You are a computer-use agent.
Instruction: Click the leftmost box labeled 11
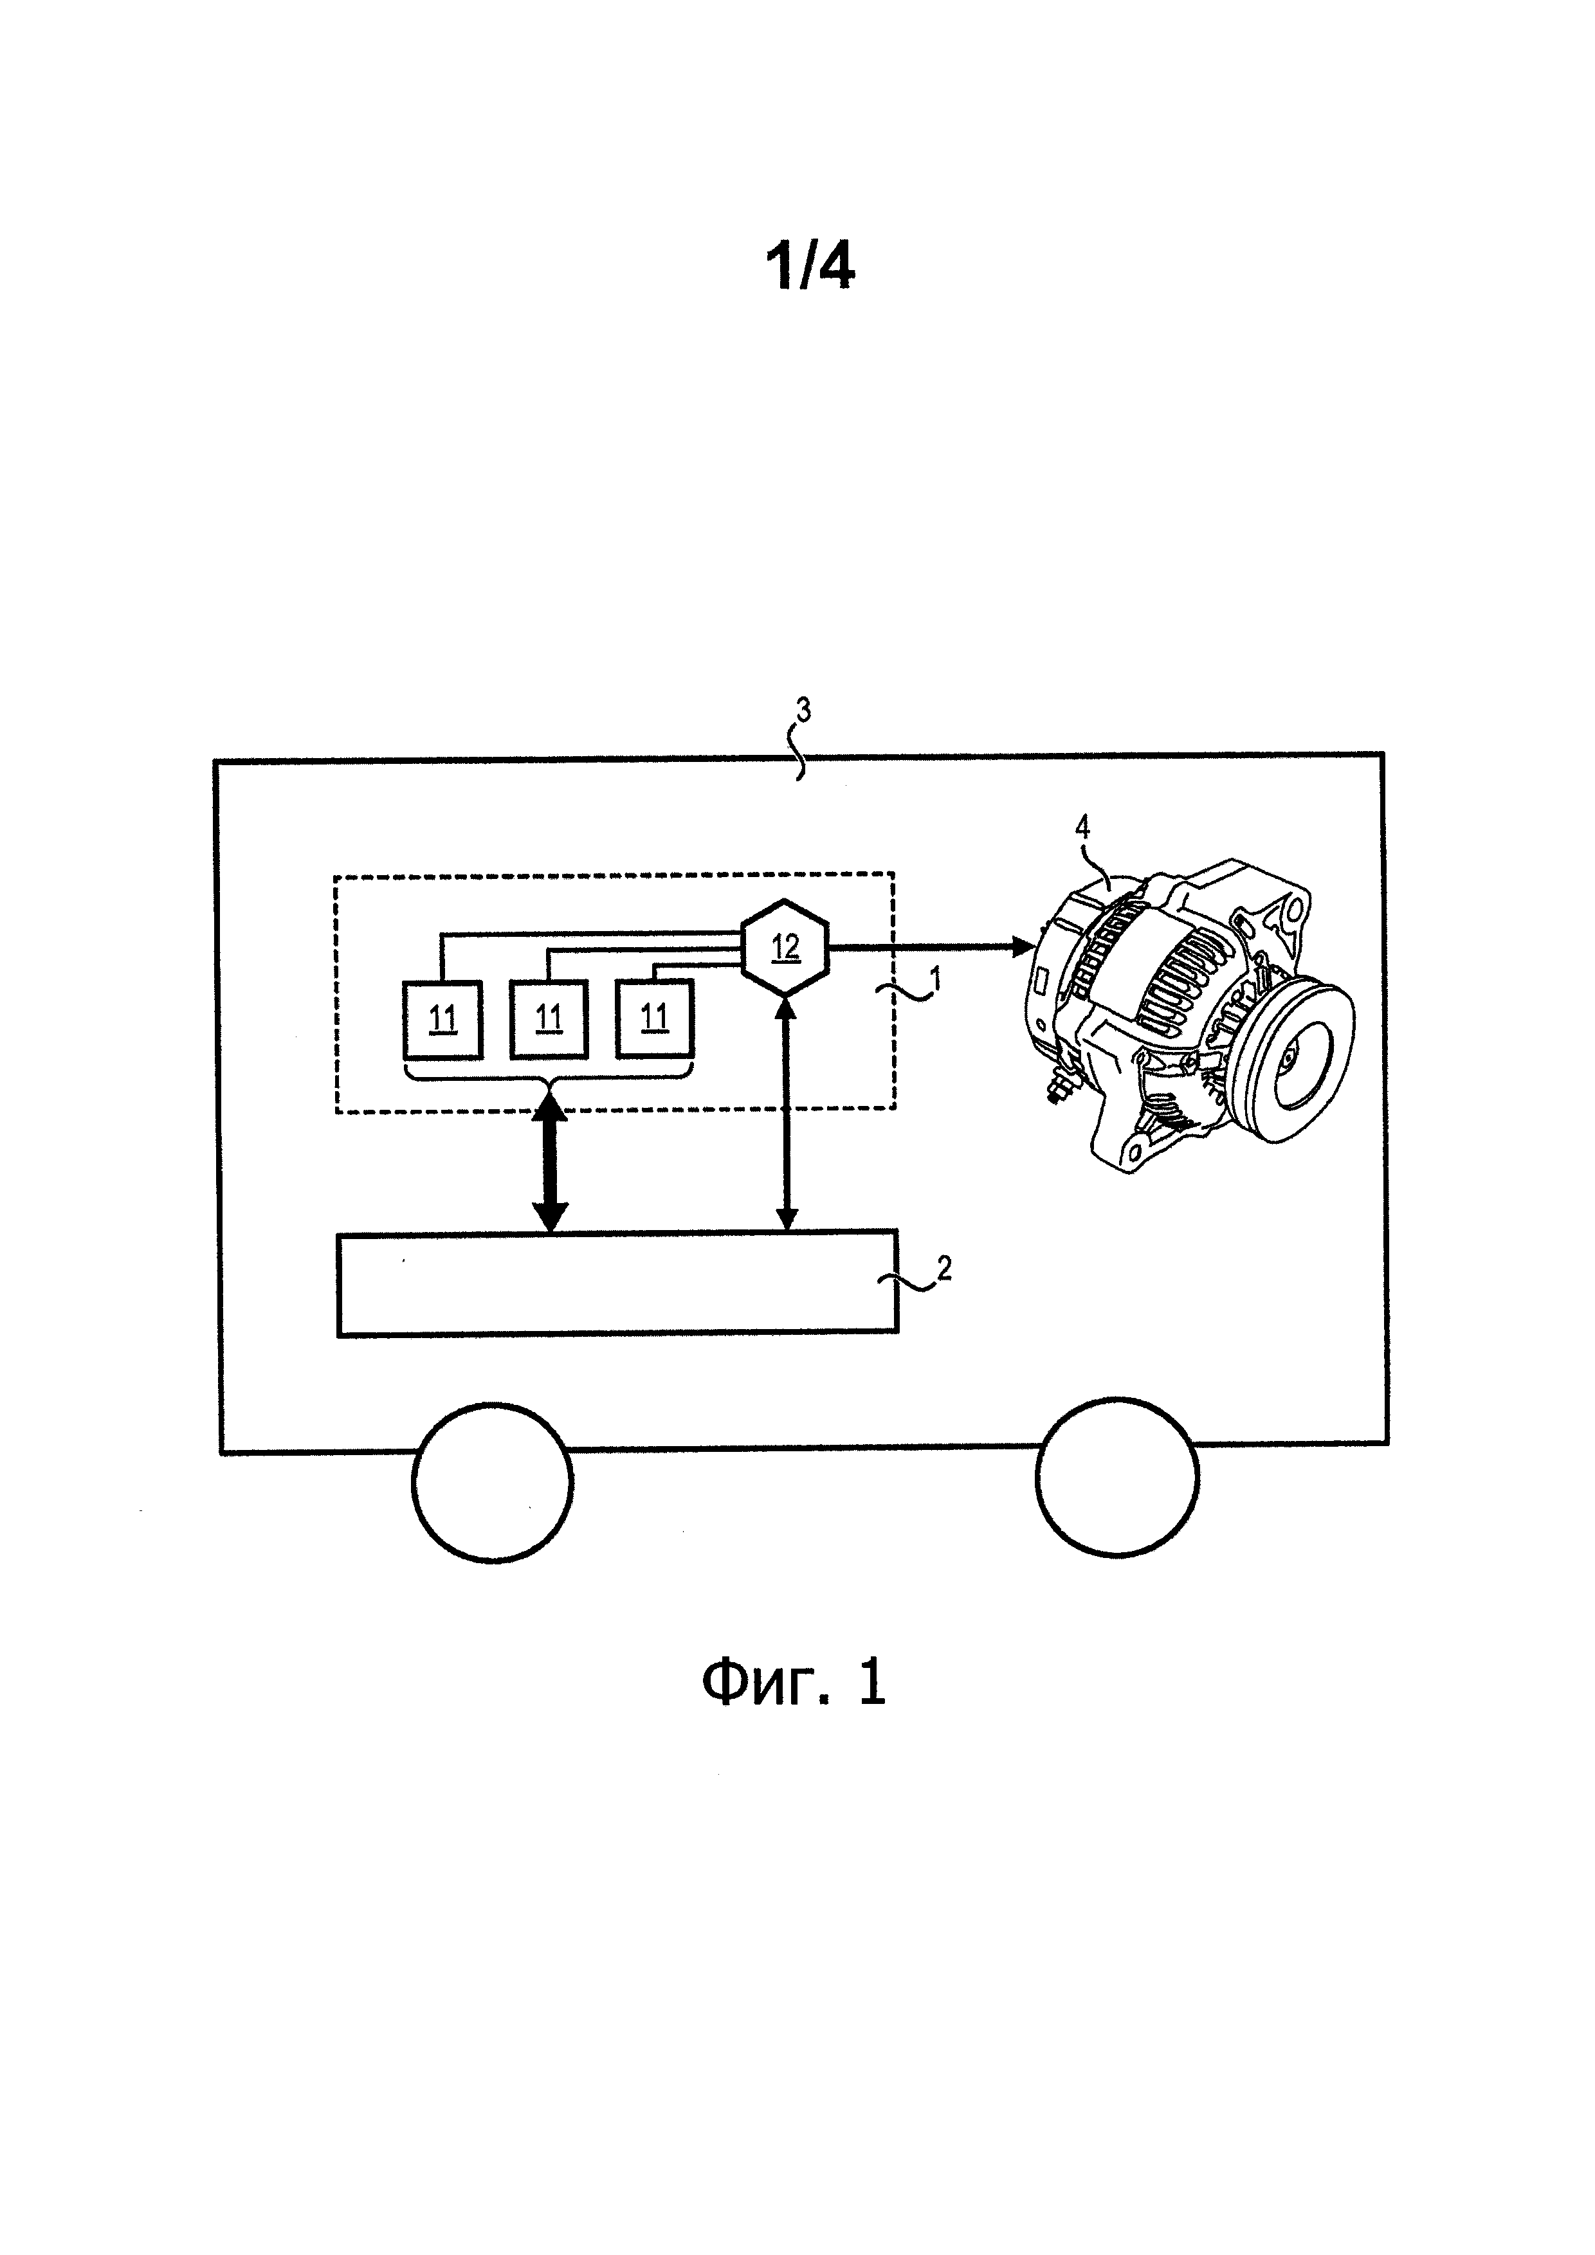(443, 1019)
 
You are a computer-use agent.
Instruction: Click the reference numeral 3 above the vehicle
(803, 710)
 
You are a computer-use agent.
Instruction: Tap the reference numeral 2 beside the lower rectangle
(944, 1268)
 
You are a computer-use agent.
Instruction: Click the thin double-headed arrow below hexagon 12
(786, 1114)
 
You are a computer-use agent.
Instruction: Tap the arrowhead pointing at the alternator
(1023, 946)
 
